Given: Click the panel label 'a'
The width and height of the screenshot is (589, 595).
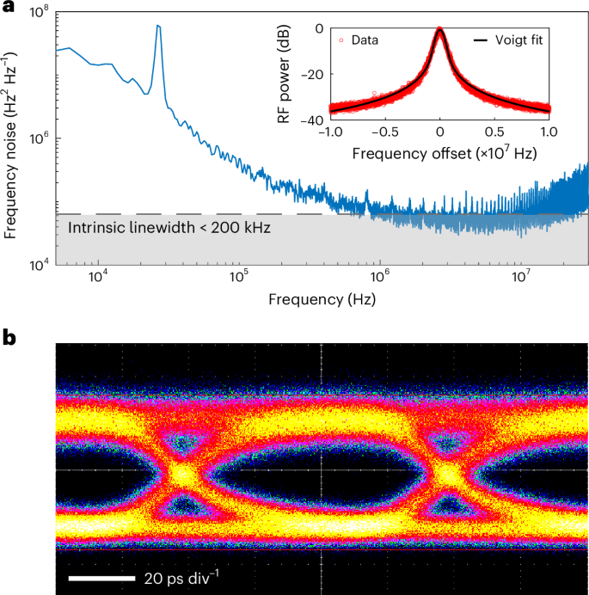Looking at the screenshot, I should pos(9,9).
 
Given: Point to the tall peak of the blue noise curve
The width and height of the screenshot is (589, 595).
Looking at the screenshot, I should pos(158,26).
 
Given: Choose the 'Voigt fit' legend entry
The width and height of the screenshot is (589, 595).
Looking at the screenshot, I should pos(511,40).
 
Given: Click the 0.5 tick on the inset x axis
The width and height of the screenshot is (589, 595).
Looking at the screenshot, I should pos(494,135).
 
